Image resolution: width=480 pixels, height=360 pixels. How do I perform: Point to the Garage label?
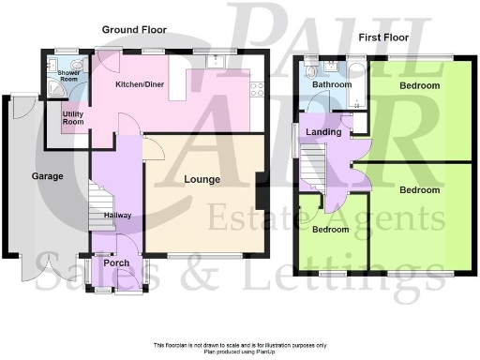click(x=47, y=175)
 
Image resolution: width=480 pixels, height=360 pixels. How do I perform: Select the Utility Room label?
click(x=73, y=117)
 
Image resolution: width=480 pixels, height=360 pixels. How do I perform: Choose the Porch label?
click(x=117, y=262)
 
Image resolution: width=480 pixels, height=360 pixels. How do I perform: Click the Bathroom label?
click(x=332, y=84)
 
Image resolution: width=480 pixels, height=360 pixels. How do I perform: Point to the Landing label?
click(x=323, y=132)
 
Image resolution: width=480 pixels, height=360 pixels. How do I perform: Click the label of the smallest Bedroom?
click(x=331, y=230)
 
